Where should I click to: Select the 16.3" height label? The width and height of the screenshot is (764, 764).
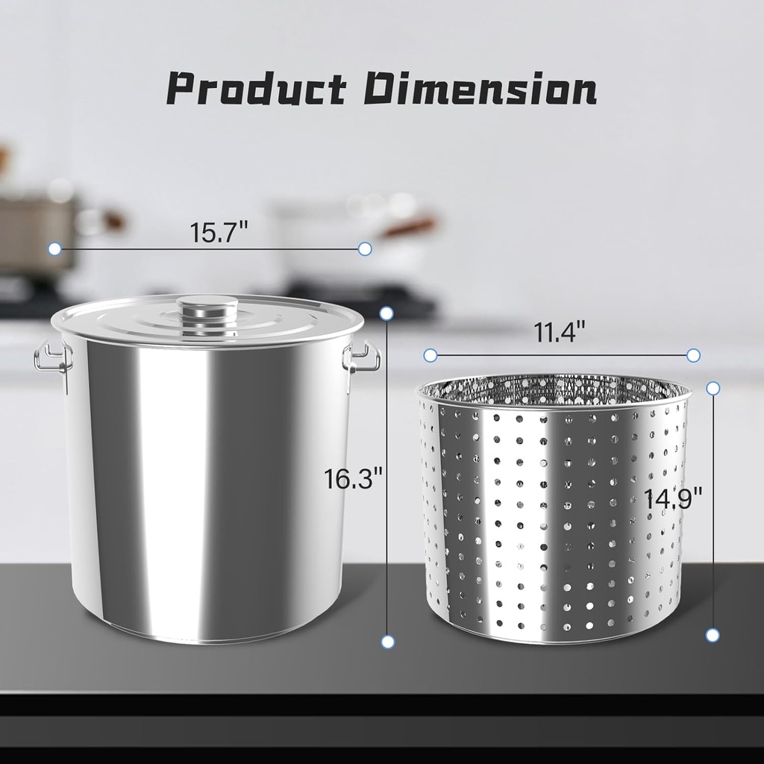tap(353, 477)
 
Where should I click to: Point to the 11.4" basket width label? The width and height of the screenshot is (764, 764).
tap(559, 332)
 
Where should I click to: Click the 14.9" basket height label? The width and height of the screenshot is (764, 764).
tap(674, 498)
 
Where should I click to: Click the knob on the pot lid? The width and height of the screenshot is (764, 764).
tap(207, 308)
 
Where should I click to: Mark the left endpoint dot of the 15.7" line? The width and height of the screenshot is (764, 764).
tap(54, 248)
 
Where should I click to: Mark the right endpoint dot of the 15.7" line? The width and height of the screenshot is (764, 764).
tap(364, 248)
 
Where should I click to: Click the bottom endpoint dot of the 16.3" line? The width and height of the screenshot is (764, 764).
tap(387, 641)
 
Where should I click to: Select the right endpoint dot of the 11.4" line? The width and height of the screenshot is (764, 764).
tap(693, 355)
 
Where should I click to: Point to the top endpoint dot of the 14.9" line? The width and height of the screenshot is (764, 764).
tap(713, 388)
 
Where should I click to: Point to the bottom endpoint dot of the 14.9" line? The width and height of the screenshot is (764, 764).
tap(713, 635)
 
